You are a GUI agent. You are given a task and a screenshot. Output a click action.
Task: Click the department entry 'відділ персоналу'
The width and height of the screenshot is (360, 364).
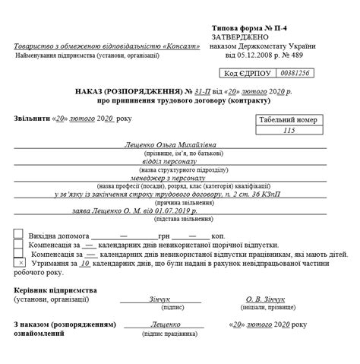170,161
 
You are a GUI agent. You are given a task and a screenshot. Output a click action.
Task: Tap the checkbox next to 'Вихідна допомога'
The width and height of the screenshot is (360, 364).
18,234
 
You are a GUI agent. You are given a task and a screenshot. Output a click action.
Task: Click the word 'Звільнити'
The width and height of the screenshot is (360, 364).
30,119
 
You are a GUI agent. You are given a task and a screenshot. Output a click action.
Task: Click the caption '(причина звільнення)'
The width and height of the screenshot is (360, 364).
170,203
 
